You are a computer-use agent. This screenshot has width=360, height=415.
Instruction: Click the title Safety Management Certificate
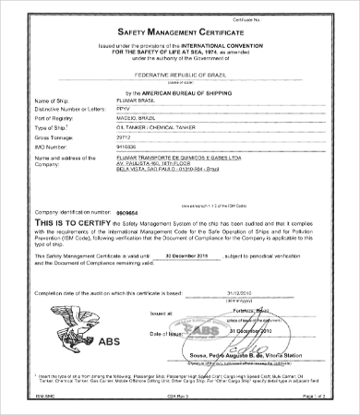click(x=180, y=33)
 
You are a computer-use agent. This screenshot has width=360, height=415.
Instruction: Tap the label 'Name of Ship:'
click(x=50, y=100)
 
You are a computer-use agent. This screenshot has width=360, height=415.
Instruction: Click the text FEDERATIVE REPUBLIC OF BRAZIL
click(x=180, y=68)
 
